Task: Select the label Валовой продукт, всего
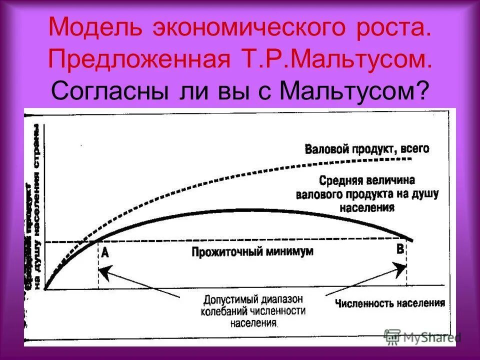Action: coord(366,148)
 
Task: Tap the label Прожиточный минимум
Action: coord(252,251)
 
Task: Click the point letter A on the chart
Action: coord(104,253)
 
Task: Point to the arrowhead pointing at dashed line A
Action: coord(102,272)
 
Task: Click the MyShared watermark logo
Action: coord(422,336)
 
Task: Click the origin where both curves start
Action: coord(45,288)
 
